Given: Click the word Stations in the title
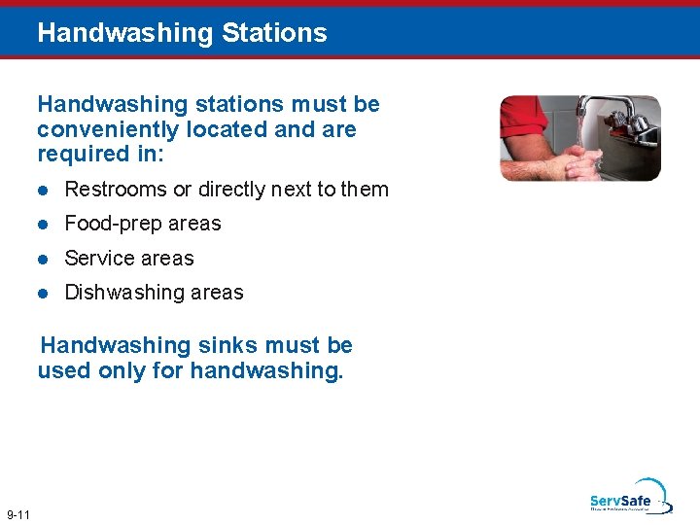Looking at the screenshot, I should point(274,32).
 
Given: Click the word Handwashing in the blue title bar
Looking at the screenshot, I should point(124,32).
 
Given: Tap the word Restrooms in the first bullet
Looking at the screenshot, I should point(116,190).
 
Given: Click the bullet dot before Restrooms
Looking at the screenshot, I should point(43,190).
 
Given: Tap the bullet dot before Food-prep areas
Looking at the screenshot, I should point(43,224).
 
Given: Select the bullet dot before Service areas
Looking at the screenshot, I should point(43,259).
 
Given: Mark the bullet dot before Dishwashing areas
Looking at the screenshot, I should point(43,293).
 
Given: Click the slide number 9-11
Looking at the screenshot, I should point(18,513).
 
